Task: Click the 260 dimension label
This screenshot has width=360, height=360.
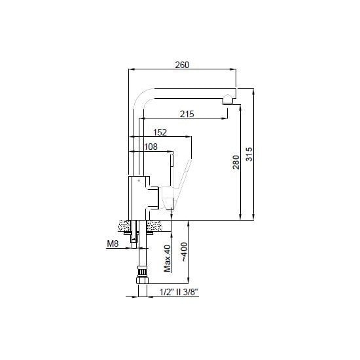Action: click(182, 65)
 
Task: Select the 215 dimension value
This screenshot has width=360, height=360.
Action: click(187, 114)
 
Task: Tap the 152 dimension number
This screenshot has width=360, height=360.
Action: click(160, 132)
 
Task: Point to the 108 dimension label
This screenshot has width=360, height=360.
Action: click(151, 147)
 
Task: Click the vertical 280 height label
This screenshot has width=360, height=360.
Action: click(236, 162)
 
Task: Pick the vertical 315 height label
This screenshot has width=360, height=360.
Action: click(249, 154)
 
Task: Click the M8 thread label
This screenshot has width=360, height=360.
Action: click(113, 243)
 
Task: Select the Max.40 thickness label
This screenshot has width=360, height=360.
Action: click(168, 259)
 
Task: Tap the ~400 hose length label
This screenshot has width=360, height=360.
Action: click(185, 252)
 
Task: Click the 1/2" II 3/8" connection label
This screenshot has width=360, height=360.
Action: click(179, 293)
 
